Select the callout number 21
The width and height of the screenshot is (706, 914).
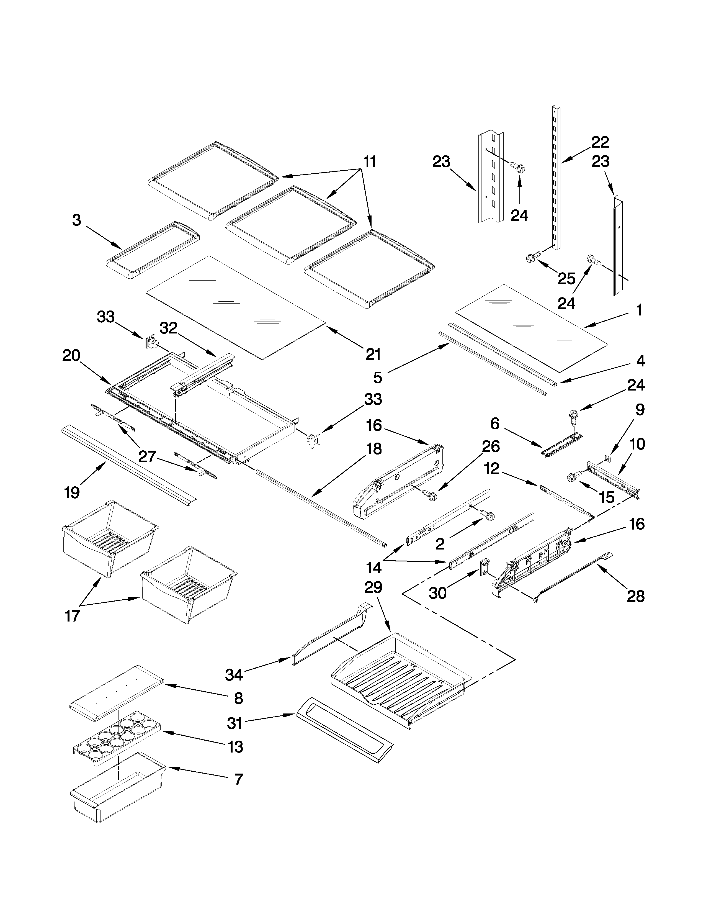pyautogui.click(x=373, y=354)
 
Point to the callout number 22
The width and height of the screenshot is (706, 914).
pyautogui.click(x=600, y=142)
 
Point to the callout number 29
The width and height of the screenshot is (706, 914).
pyautogui.click(x=373, y=587)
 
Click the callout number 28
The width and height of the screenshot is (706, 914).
pyautogui.click(x=636, y=596)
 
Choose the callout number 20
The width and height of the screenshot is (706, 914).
pyautogui.click(x=71, y=355)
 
